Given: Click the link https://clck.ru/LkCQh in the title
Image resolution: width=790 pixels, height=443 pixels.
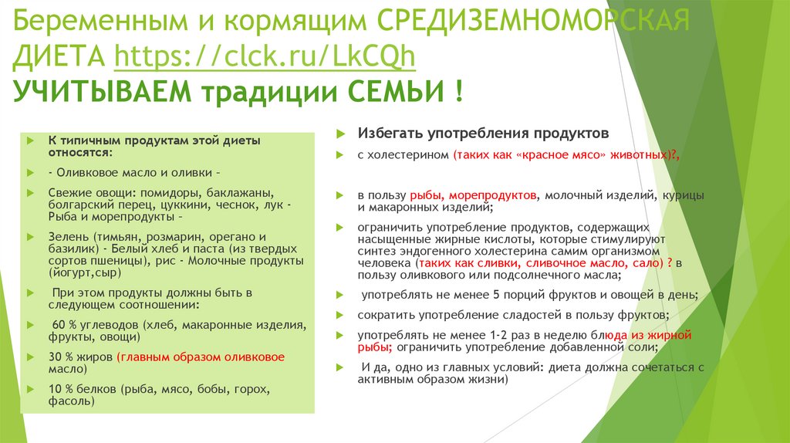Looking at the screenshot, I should point(265,57).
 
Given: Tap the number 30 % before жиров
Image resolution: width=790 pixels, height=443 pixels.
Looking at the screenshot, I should point(59,357).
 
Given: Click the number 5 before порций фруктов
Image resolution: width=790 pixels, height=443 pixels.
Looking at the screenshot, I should point(498,296).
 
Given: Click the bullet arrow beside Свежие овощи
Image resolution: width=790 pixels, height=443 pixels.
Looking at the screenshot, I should point(29,191).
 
